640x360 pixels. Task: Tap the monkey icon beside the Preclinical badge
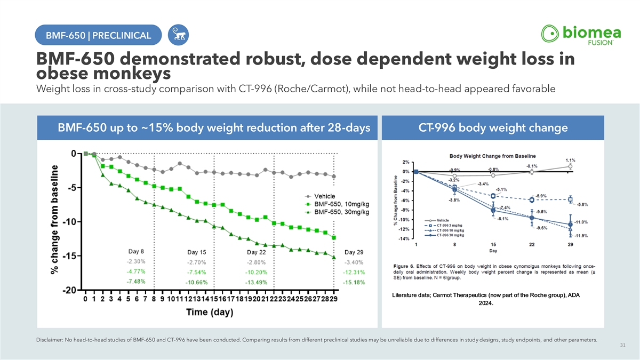point(177,36)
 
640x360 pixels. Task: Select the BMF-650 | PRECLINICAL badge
point(98,36)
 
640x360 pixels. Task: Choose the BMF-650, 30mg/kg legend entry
point(341,212)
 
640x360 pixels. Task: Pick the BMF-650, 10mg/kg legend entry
point(341,204)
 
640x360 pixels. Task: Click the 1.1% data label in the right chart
point(570,160)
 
